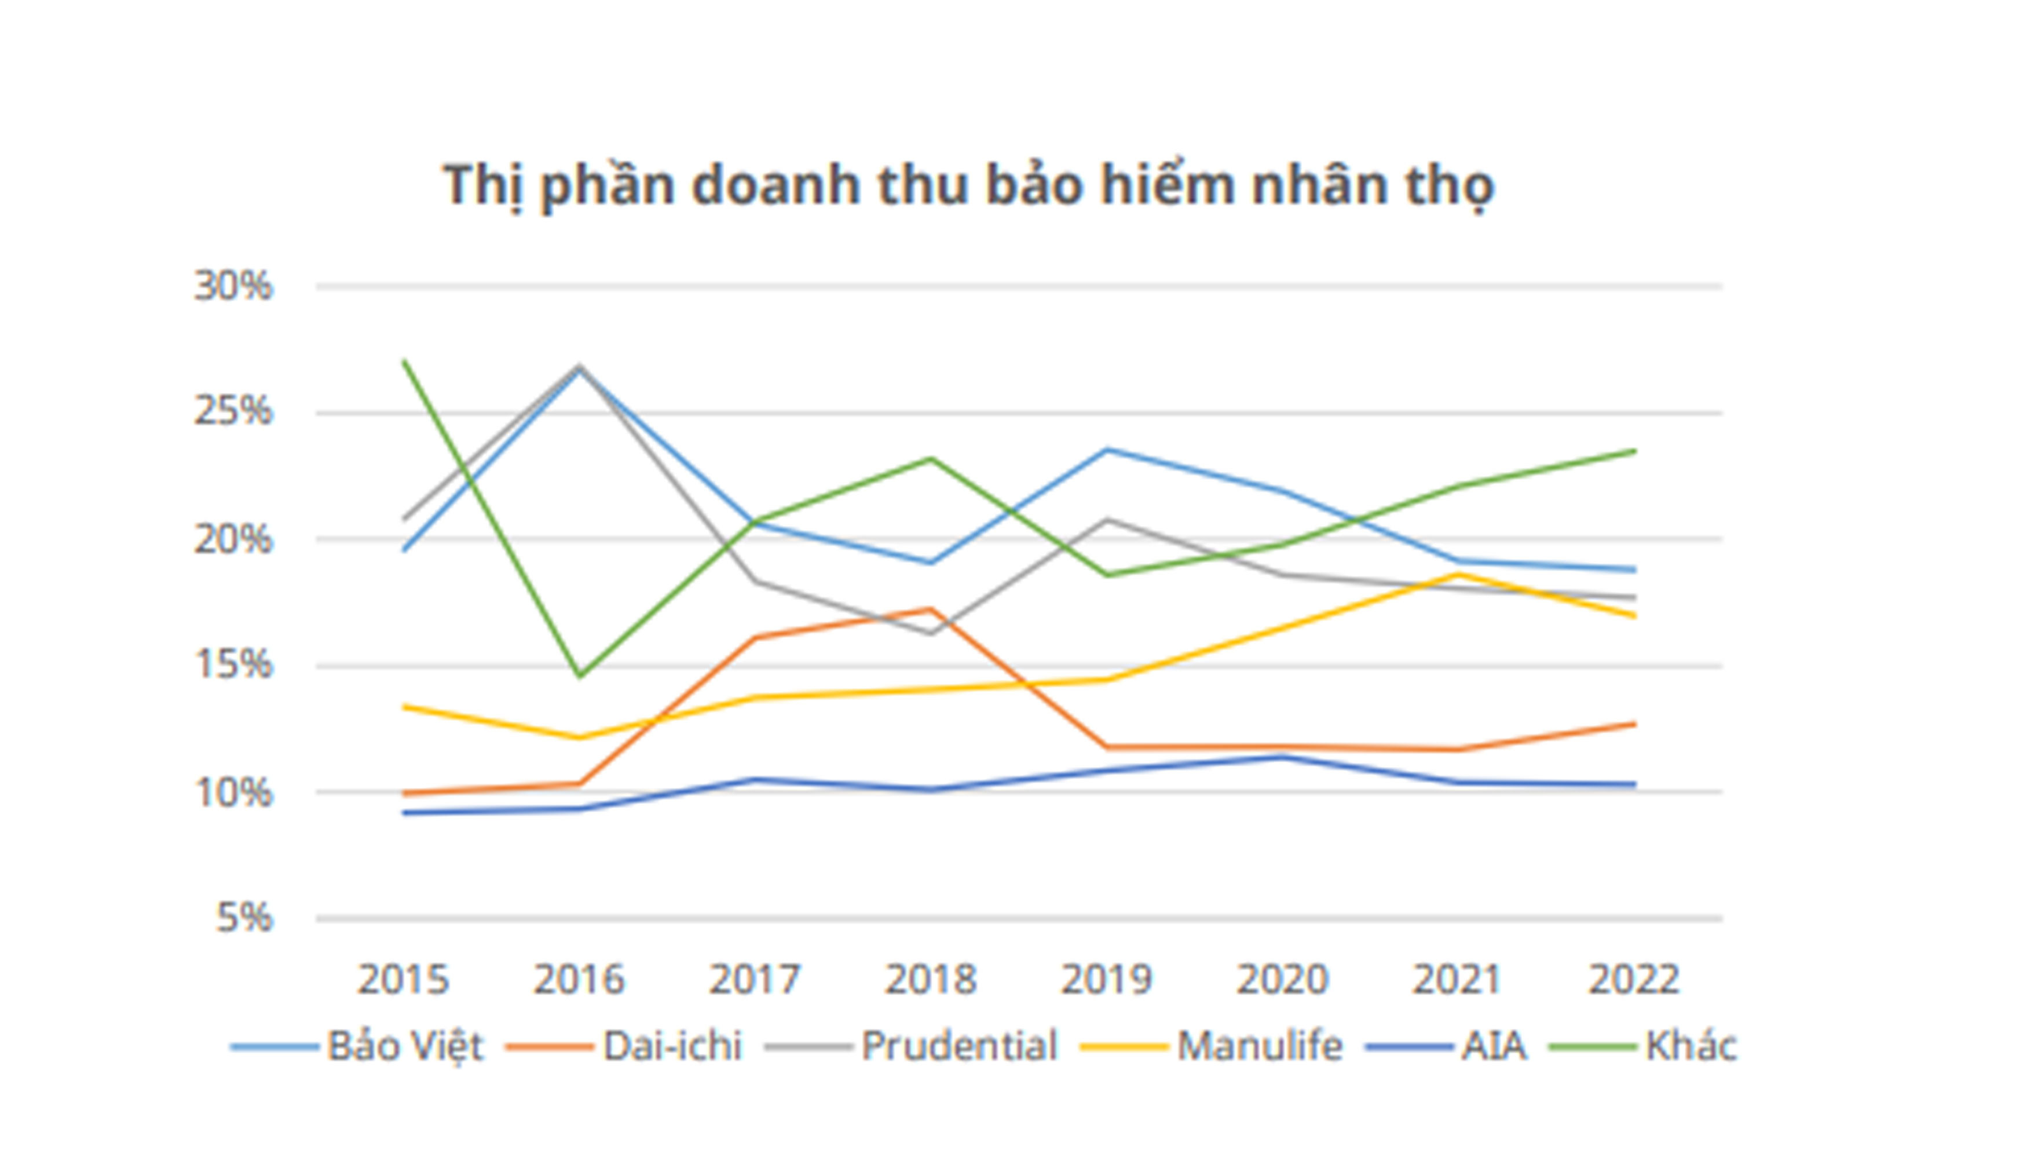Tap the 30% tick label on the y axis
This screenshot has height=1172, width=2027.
[233, 286]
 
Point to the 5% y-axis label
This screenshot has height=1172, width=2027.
[244, 918]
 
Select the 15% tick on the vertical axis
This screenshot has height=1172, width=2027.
[233, 665]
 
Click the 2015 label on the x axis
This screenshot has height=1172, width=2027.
[403, 980]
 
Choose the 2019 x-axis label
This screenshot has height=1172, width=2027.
[1107, 980]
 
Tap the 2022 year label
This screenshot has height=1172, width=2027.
[1634, 980]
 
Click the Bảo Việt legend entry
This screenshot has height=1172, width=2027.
[405, 1046]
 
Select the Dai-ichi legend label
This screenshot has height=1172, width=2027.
[672, 1046]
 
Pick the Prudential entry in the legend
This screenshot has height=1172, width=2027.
[959, 1046]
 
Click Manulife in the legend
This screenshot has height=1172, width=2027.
[1260, 1046]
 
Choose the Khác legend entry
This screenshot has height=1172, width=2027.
[1691, 1046]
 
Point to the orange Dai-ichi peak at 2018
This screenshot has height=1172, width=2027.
[931, 609]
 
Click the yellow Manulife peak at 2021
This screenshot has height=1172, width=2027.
[1458, 574]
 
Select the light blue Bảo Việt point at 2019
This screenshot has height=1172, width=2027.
[1107, 450]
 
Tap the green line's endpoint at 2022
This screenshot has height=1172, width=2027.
[1634, 451]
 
